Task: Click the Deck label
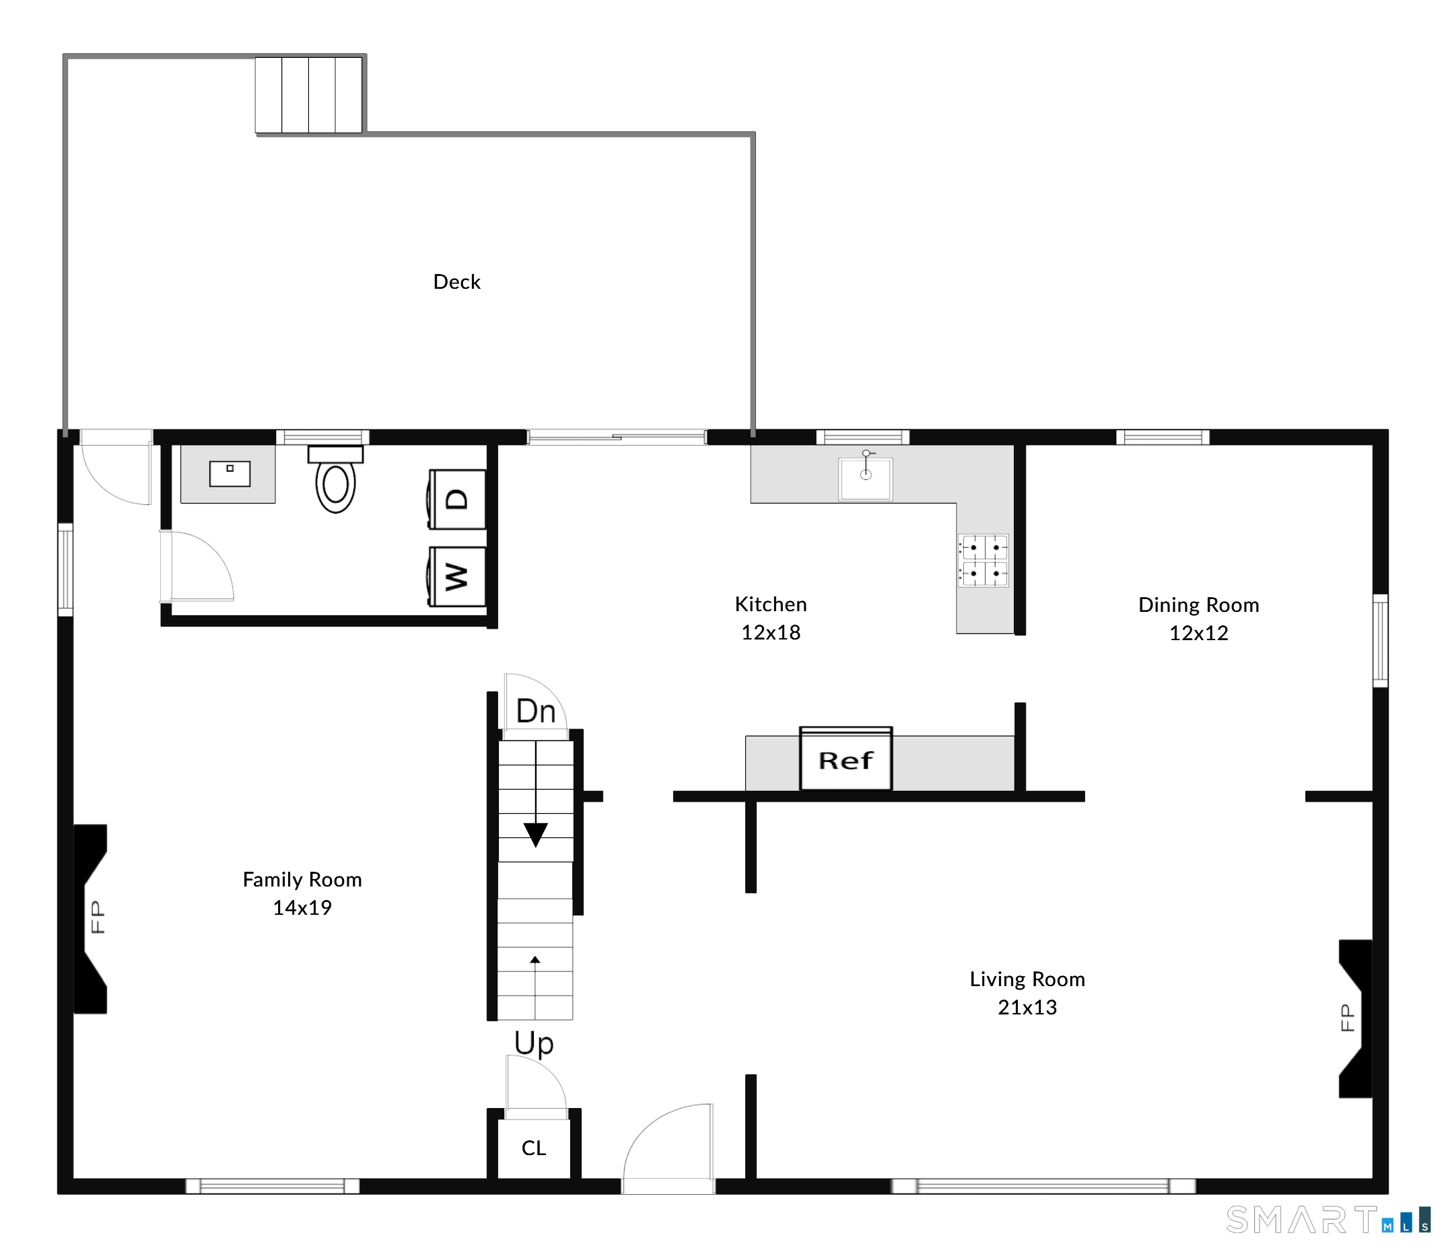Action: coord(456,282)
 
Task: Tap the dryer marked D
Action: coord(456,499)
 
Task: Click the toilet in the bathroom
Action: coord(336,479)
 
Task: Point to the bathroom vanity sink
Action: coord(230,473)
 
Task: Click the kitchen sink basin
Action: coord(865,479)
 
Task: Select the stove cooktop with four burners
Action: coord(984,561)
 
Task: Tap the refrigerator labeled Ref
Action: coord(846,759)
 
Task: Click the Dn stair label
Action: coord(536,712)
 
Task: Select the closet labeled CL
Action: coord(534,1148)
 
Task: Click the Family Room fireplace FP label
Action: coord(98,917)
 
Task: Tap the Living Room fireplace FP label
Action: coord(1348,1018)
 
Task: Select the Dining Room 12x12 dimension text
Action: coord(1198,633)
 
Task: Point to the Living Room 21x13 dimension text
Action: coord(1027,1007)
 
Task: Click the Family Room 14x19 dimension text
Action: coord(302,907)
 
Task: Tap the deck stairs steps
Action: coord(308,95)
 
